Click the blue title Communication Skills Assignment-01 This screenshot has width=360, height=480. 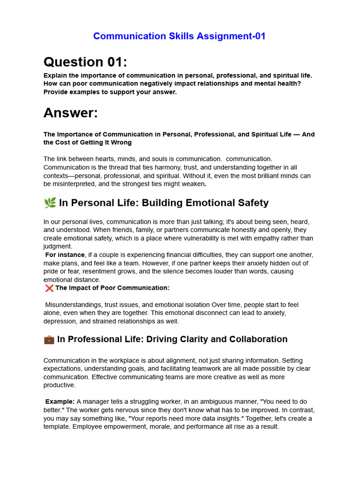pos(180,36)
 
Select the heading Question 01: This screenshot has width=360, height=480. pos(85,62)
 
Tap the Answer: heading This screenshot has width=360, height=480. pos(71,112)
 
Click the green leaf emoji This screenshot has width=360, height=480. pos(50,203)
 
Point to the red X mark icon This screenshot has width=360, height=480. pos(49,288)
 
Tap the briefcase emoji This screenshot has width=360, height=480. pos(49,339)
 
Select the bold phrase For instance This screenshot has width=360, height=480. pos(65,255)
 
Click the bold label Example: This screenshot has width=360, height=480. pos(60,401)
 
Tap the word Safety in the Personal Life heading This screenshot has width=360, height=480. pos(252,203)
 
